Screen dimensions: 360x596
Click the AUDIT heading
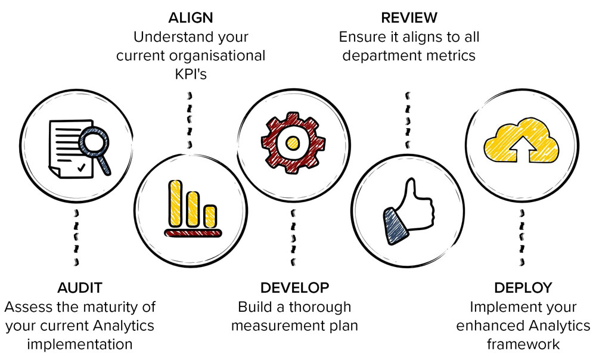pyautogui.click(x=80, y=288)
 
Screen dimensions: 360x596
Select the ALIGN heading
pyautogui.click(x=191, y=17)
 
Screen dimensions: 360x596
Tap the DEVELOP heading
pyautogui.click(x=294, y=288)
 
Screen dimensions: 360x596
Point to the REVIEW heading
pyautogui.click(x=409, y=17)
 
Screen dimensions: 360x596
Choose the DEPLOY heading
pyautogui.click(x=523, y=288)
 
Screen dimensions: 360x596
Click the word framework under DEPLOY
pyautogui.click(x=523, y=345)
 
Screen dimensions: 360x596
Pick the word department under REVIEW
pyautogui.click(x=381, y=55)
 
